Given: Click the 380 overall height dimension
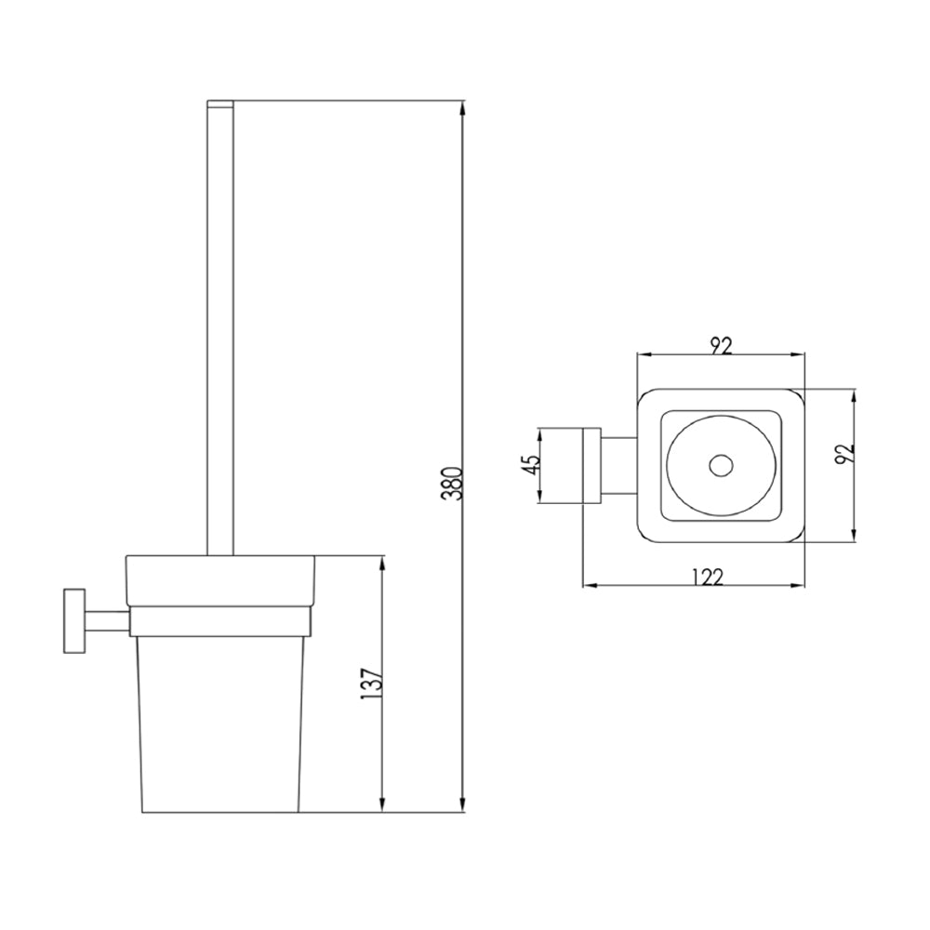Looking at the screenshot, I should tap(453, 483).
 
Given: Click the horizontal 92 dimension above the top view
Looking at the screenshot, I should tap(721, 345).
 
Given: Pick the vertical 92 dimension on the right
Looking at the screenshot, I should tap(844, 454).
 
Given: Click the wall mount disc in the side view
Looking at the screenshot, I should tap(72, 620).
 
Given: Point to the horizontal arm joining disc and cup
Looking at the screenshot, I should tap(104, 620).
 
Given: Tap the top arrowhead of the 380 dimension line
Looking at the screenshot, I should tap(463, 107).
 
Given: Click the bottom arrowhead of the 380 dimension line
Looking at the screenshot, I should tap(463, 804).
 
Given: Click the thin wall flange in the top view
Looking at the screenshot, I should tap(590, 466).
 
